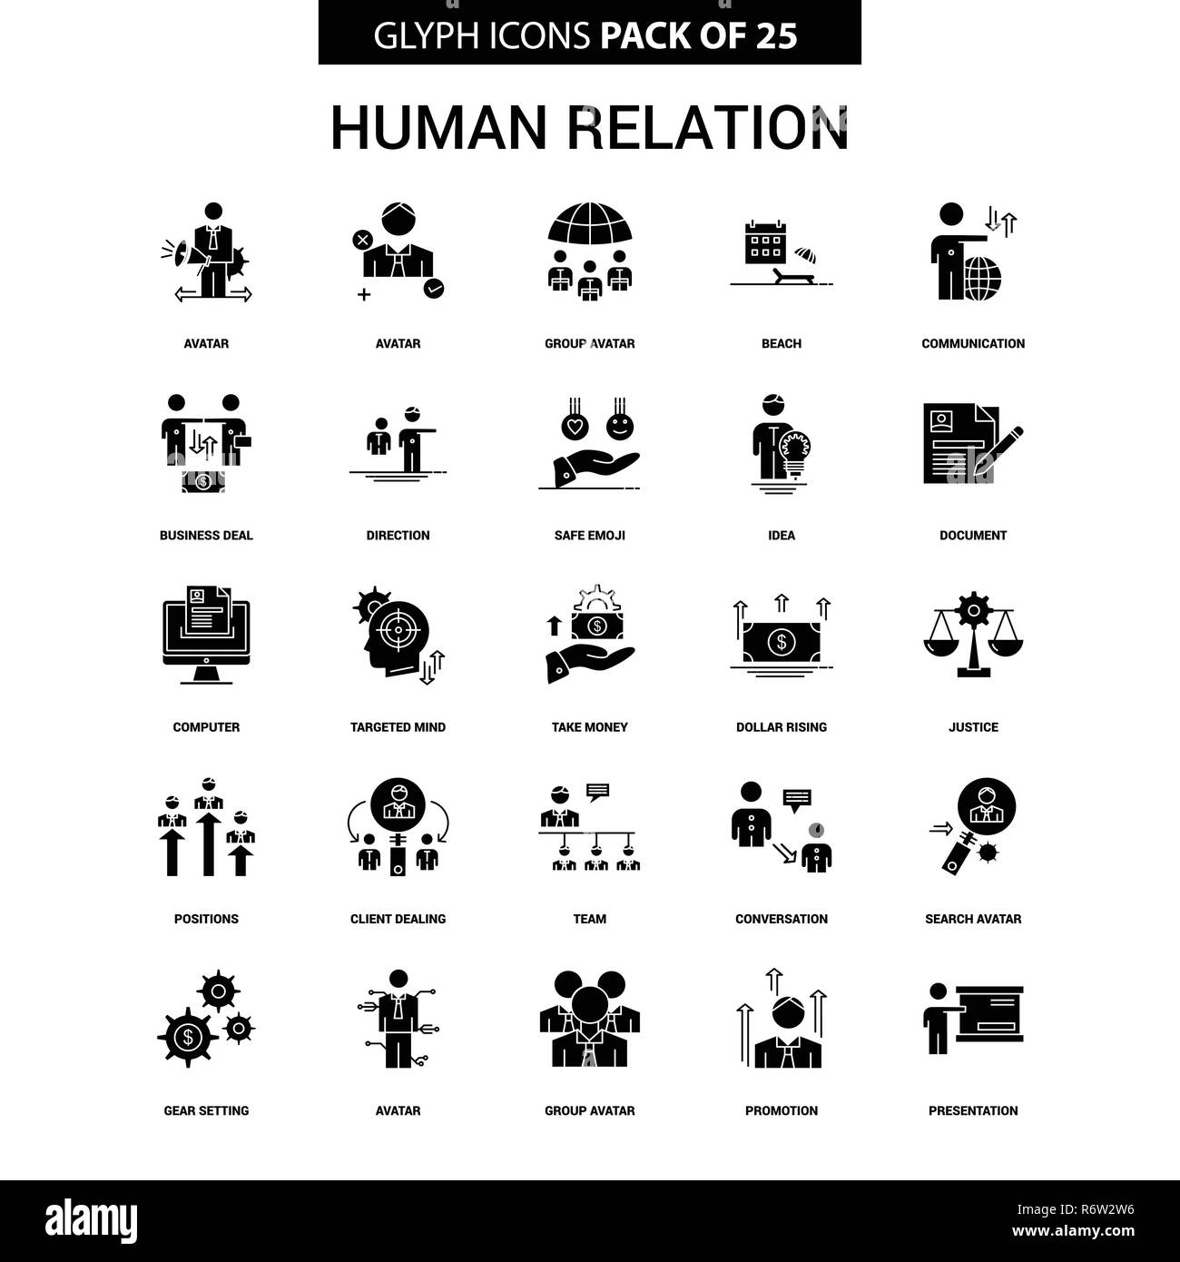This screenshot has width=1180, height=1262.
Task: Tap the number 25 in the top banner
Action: (776, 35)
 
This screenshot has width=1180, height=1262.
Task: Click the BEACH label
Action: (781, 344)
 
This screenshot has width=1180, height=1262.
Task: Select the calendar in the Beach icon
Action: (765, 242)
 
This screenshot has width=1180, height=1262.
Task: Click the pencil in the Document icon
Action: (998, 450)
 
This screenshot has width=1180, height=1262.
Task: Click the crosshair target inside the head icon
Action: (398, 630)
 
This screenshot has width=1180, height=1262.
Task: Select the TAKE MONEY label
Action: (589, 727)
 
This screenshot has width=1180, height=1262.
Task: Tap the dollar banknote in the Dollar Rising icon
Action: (781, 642)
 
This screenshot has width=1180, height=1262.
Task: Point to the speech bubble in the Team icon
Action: (597, 792)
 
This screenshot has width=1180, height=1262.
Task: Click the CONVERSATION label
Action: (781, 919)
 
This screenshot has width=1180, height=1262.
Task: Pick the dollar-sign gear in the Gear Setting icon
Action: (188, 1038)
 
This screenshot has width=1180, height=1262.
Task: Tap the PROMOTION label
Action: (781, 1110)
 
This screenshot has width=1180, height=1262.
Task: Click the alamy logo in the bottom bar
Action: (91, 1220)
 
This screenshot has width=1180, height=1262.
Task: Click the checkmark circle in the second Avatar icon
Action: (433, 289)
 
